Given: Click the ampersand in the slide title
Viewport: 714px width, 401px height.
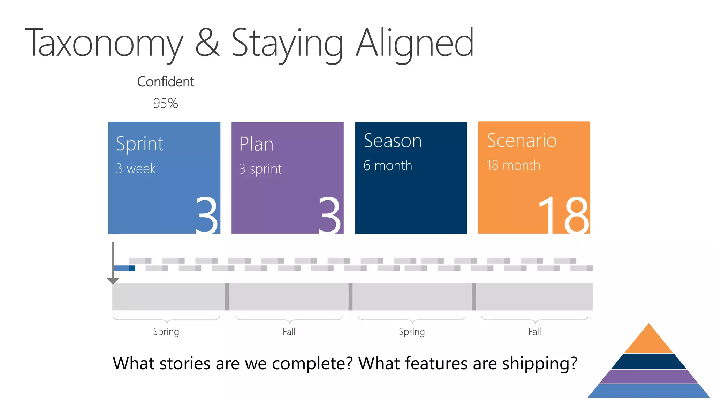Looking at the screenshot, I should (207, 43).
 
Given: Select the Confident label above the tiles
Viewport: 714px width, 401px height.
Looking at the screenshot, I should (166, 82).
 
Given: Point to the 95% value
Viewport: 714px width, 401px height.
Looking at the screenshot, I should (166, 103).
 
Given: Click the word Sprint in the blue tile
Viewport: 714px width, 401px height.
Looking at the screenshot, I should (139, 144).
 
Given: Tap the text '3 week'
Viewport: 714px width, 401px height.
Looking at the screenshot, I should (136, 169).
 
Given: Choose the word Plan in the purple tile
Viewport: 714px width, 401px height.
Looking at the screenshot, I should (256, 144).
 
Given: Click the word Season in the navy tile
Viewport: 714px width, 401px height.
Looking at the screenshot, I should (393, 141).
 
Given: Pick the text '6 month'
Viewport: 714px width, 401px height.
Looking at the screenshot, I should (388, 166).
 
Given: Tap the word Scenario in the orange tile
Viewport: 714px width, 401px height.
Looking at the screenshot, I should (522, 141).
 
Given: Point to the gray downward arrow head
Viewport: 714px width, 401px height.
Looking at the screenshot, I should (113, 281).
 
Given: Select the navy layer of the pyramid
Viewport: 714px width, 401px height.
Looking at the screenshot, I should (648, 361).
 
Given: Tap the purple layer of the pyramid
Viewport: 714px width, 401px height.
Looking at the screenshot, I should (648, 377).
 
